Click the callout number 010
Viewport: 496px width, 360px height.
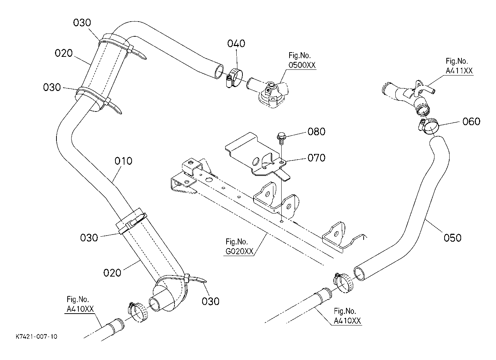coord(123,161)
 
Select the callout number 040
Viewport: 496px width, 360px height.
coord(236,44)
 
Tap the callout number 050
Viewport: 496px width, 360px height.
coord(452,238)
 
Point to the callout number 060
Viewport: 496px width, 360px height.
coord(471,122)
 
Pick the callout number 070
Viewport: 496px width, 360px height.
coord(316,158)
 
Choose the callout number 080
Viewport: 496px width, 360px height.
coord(316,132)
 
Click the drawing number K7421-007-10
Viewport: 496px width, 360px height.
coord(37,337)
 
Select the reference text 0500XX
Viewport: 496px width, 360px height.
coord(302,65)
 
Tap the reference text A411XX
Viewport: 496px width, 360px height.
coord(459,71)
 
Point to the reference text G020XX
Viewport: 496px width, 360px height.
coord(239,251)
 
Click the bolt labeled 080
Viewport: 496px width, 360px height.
coord(281,138)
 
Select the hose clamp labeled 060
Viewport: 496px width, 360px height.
coord(429,126)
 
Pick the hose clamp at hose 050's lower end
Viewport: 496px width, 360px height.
coord(343,283)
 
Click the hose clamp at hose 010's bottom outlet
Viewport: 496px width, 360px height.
coord(137,312)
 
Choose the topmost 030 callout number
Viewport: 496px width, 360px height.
coord(82,23)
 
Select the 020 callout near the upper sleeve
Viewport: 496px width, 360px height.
coord(64,53)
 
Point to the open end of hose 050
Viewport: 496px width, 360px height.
coord(360,274)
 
